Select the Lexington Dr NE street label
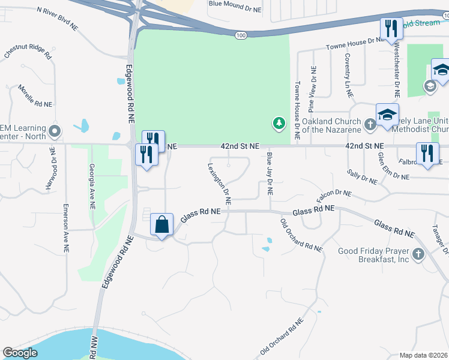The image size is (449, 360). pyautogui.click(x=220, y=181)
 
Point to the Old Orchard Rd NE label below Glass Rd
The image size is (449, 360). pyautogui.click(x=301, y=235)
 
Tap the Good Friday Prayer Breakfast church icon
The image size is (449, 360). pyautogui.click(x=418, y=254)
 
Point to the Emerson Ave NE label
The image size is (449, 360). pyautogui.click(x=65, y=227)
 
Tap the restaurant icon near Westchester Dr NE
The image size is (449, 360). pyautogui.click(x=390, y=29)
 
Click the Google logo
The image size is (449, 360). pyautogui.click(x=20, y=353)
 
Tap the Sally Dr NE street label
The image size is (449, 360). pyautogui.click(x=362, y=176)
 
